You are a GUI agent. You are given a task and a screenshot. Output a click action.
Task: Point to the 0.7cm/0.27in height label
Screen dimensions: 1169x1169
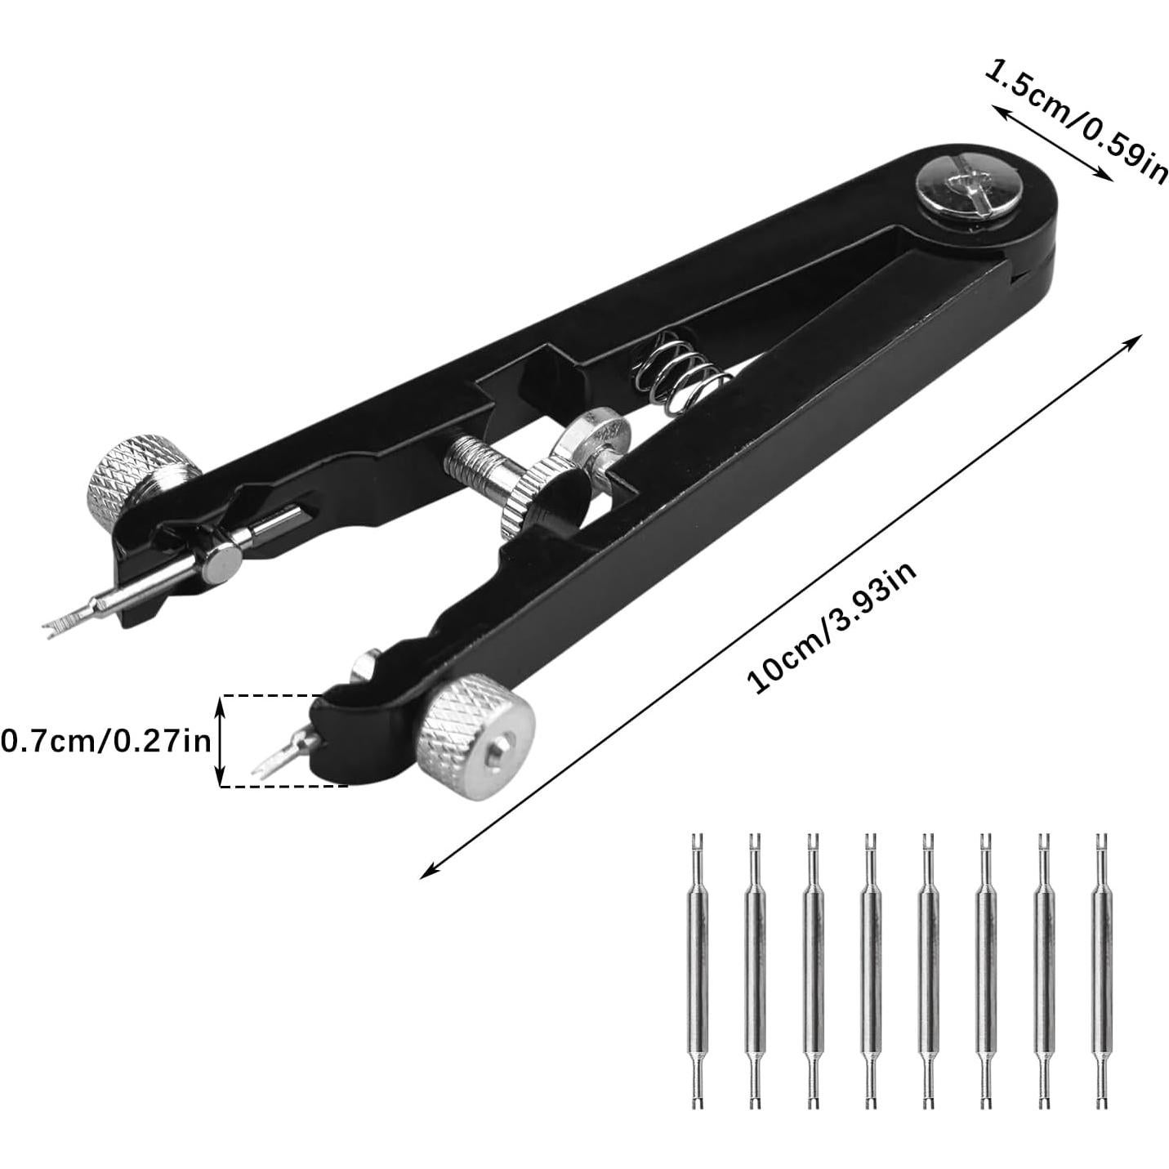click(107, 741)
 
